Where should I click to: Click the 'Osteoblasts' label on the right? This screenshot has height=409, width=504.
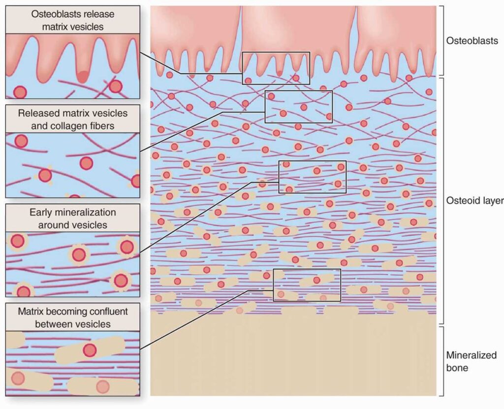[x=472, y=41]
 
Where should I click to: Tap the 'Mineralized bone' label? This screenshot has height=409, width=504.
[x=471, y=361]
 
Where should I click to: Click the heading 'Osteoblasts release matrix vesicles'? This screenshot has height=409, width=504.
[x=73, y=20]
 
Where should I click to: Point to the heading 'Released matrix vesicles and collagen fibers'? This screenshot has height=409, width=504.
[x=73, y=119]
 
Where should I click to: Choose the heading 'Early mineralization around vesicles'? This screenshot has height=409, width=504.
[x=73, y=219]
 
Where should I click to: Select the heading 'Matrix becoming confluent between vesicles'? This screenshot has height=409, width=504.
[x=73, y=317]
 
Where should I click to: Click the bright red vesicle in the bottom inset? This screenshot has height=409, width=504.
[x=90, y=350]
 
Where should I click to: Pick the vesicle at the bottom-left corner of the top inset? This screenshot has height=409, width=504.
[x=20, y=92]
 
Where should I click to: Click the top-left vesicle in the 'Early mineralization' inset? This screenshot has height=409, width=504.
[x=17, y=241]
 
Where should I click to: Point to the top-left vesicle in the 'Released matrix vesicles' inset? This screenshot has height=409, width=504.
[x=21, y=141]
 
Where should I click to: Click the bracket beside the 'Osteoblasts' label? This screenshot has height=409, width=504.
[x=442, y=40]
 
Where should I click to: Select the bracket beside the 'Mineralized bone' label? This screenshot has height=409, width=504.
[x=442, y=361]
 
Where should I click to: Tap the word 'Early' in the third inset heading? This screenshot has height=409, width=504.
[x=40, y=212]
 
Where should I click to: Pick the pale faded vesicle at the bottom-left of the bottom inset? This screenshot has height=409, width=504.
[x=18, y=378]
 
